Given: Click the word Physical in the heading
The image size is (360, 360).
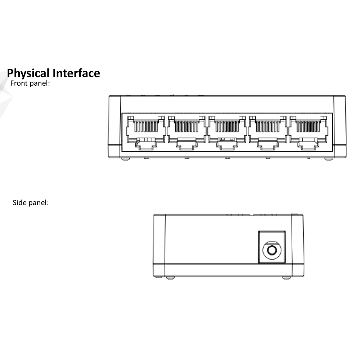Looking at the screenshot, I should [x=28, y=73].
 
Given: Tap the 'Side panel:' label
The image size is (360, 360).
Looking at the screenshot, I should [x=31, y=203].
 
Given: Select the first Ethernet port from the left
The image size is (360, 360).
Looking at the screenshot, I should [x=146, y=131].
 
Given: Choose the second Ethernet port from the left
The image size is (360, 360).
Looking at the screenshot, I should [x=186, y=131].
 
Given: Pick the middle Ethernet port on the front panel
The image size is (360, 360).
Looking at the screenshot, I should [x=227, y=131].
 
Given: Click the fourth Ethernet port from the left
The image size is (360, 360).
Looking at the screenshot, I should [x=268, y=131].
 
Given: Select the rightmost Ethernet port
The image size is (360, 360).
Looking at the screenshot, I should [x=309, y=131].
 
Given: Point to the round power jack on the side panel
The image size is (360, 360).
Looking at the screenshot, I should [x=272, y=249].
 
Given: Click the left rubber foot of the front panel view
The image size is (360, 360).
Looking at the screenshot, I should [x=125, y=159].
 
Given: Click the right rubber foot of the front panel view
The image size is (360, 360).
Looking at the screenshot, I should [x=329, y=159].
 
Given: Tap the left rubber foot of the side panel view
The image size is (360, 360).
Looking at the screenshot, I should [x=171, y=278].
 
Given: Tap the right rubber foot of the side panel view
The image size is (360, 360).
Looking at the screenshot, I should [x=286, y=278].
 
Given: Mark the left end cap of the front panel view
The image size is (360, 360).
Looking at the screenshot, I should [x=114, y=126].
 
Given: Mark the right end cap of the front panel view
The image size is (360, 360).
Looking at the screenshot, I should [x=340, y=126].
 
